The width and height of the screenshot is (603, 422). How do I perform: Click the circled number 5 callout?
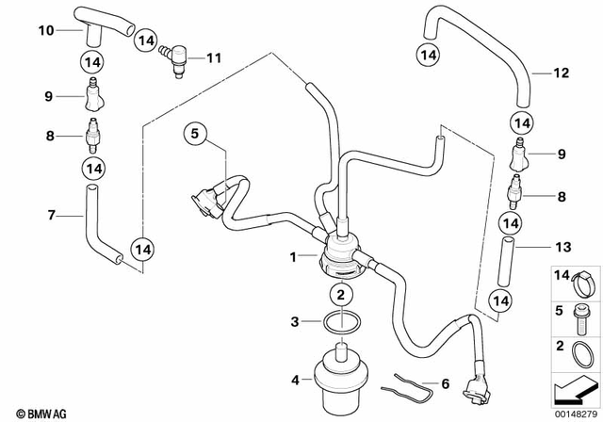193,135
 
